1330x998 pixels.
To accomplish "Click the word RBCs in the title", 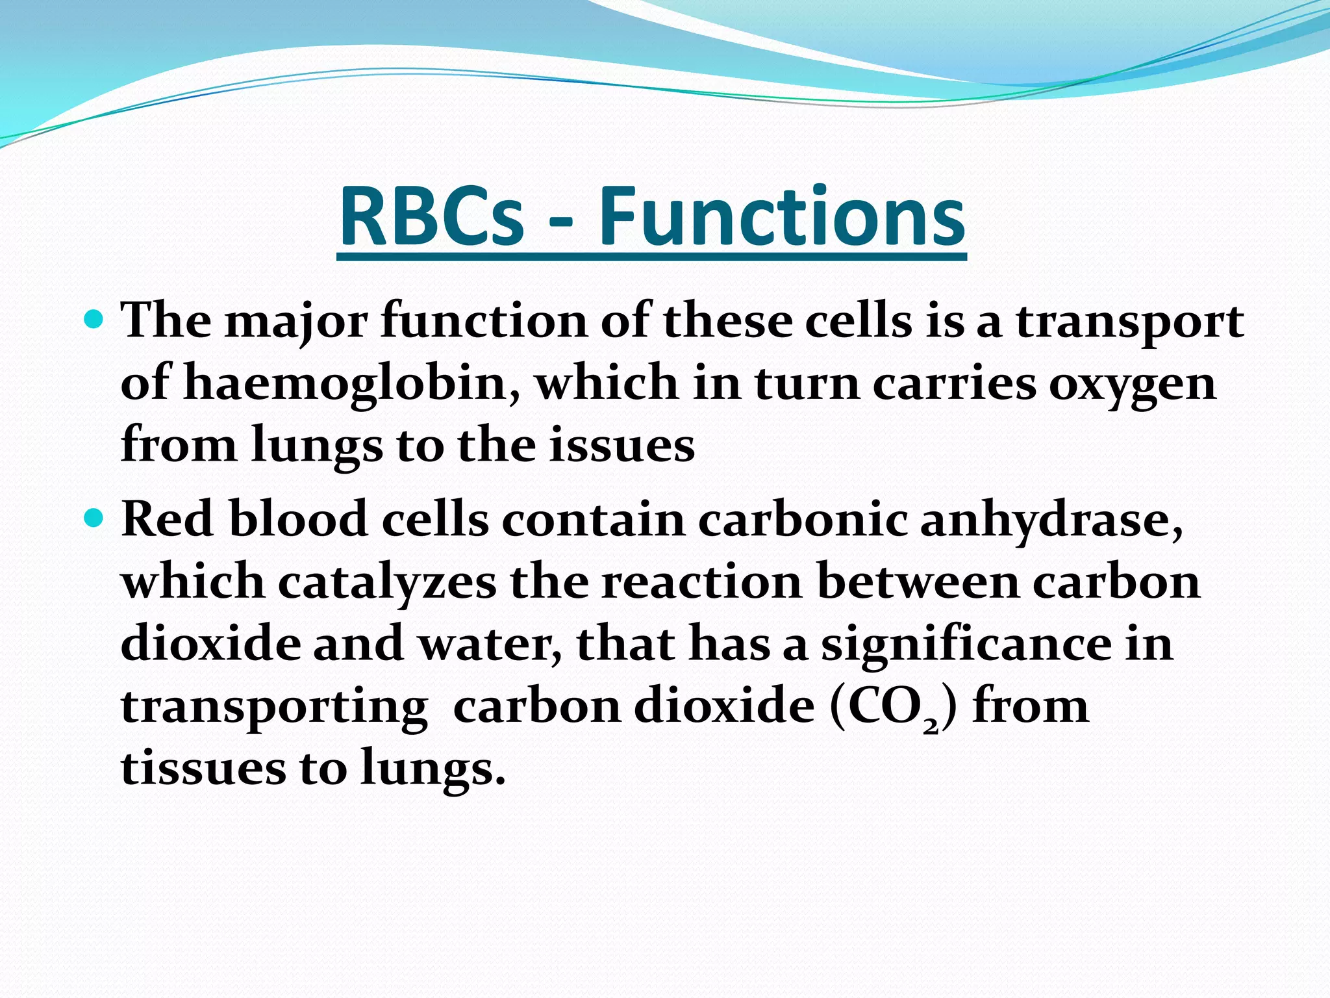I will click(x=431, y=217).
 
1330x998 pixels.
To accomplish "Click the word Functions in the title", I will click(x=781, y=217).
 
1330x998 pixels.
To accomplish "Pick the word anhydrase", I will click(x=1051, y=520).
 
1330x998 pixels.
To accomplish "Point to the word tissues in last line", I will click(x=203, y=768).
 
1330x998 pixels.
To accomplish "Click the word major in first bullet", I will click(x=296, y=322).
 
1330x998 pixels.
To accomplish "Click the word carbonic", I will click(x=803, y=520).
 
